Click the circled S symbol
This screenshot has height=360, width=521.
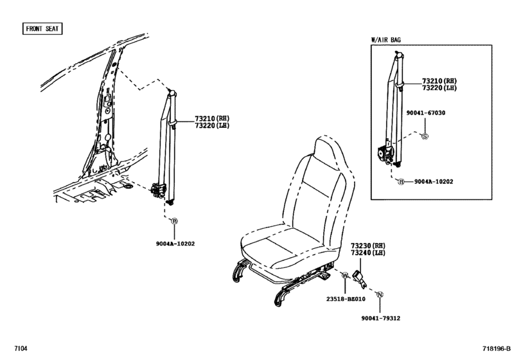point(424,136)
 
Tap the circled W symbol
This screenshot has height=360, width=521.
point(344,276)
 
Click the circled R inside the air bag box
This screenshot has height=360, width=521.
point(401,182)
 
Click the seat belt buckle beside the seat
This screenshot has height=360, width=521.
point(360,277)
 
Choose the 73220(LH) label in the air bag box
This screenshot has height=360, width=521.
point(439,88)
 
